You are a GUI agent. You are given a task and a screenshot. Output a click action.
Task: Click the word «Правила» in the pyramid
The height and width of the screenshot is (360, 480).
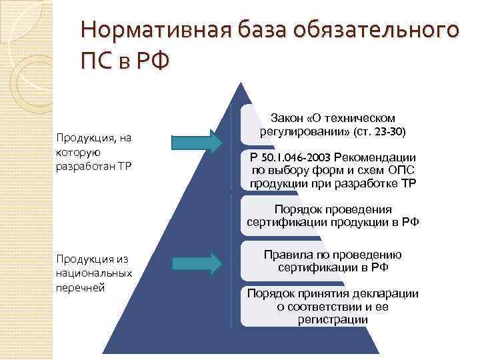tap(287, 254)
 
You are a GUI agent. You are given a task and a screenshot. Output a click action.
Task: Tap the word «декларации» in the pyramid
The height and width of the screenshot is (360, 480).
tap(387, 293)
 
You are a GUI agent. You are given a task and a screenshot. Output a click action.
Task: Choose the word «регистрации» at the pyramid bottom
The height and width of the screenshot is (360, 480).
tap(333, 320)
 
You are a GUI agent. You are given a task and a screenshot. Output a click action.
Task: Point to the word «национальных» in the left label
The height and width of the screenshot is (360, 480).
tap(94, 273)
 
